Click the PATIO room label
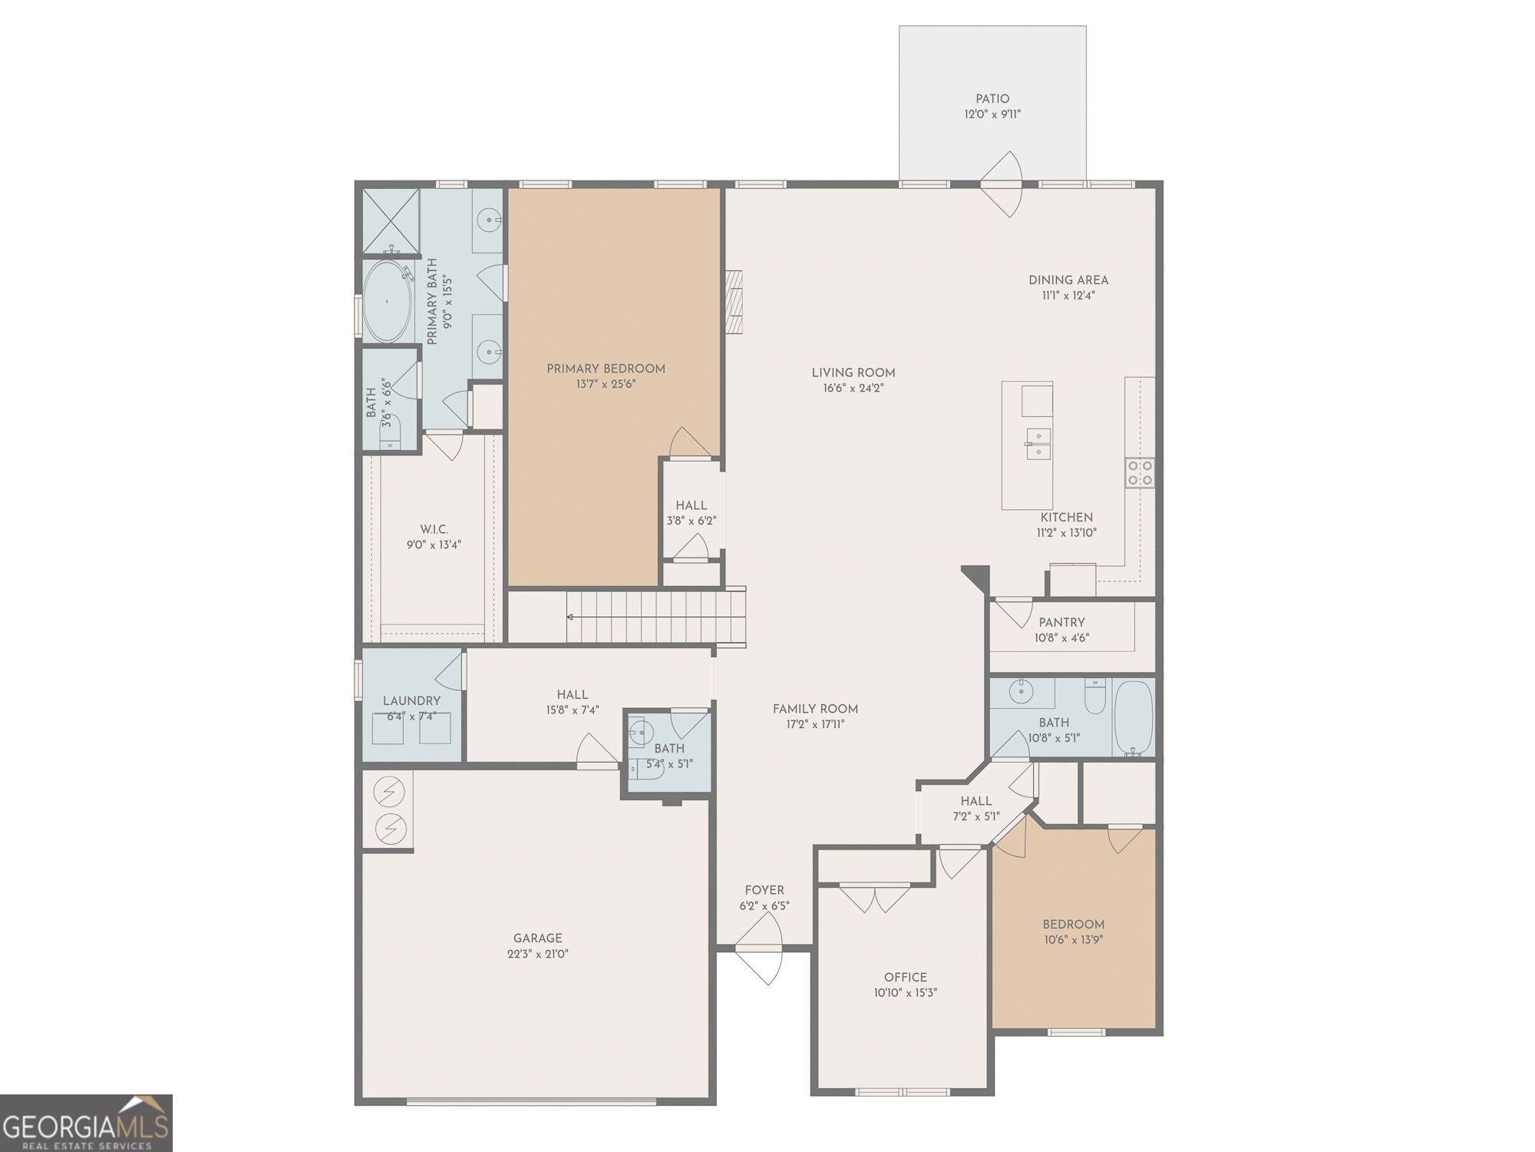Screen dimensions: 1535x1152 point(992,99)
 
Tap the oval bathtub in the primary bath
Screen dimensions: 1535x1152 point(388,301)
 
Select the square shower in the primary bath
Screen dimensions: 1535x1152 point(391,220)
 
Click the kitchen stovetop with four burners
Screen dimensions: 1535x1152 point(1140,472)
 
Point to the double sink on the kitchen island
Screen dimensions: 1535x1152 point(1038,444)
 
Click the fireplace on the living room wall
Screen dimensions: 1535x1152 point(734,302)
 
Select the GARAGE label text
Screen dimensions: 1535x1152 point(537,938)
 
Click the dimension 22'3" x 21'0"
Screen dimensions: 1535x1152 point(537,954)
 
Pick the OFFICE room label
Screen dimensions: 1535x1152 point(906,977)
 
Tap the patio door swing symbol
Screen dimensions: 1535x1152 point(1002,184)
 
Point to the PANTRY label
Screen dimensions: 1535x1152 point(1061,622)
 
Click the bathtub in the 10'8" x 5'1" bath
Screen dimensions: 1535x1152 point(1134,718)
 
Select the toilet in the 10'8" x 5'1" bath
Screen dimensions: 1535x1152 point(1094,695)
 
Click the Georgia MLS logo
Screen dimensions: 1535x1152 point(86,1123)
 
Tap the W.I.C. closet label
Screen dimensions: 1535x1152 point(434,530)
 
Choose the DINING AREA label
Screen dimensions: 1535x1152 point(1068,280)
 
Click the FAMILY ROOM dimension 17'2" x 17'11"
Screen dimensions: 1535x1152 point(815,724)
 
